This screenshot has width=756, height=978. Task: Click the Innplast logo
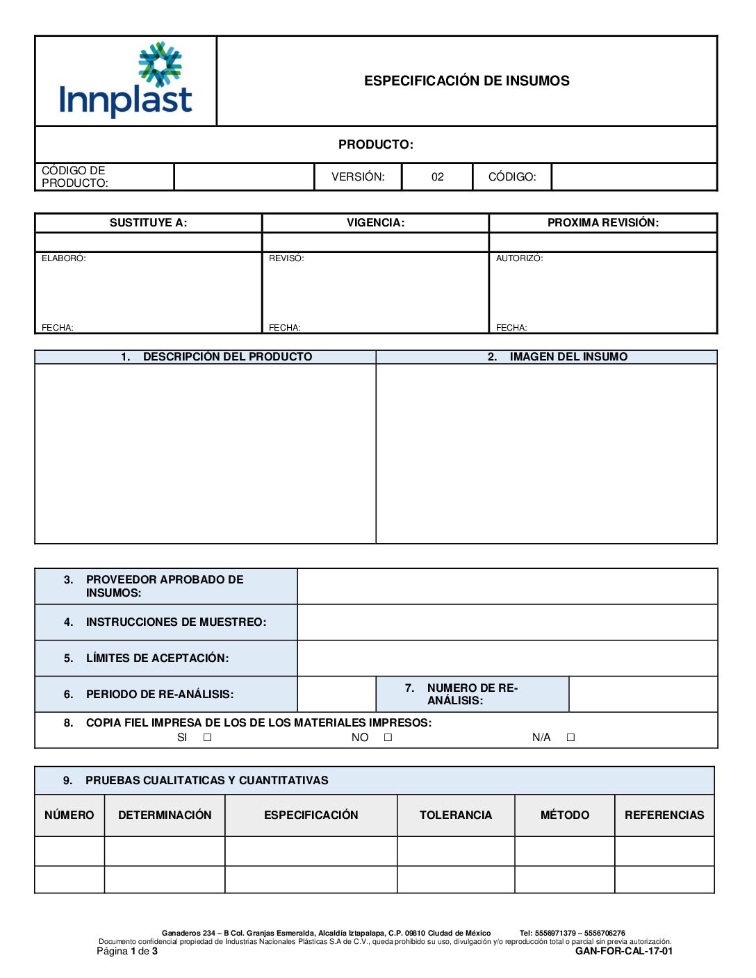(x=126, y=81)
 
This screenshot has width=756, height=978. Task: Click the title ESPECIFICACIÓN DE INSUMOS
(x=466, y=81)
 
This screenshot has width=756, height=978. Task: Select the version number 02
(x=437, y=177)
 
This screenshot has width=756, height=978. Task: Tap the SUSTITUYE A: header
(x=148, y=223)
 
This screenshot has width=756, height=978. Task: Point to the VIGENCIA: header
(x=375, y=223)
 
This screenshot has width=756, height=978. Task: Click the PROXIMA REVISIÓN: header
(x=602, y=223)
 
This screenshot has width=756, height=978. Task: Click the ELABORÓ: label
(x=64, y=258)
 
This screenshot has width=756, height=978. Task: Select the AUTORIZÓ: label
(x=519, y=258)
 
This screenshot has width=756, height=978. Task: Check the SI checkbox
(x=207, y=738)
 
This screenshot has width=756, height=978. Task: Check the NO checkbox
(x=388, y=738)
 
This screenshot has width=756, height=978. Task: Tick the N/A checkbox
(x=570, y=738)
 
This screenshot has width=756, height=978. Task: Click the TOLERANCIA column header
(x=455, y=815)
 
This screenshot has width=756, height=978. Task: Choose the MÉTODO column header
(x=564, y=815)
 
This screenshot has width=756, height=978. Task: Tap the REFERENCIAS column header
(x=664, y=815)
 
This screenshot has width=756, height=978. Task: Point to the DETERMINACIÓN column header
(x=165, y=815)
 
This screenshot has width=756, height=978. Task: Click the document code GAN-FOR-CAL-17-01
(x=623, y=952)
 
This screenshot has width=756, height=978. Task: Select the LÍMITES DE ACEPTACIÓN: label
(x=157, y=658)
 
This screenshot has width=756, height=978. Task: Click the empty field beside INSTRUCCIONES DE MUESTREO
(x=507, y=622)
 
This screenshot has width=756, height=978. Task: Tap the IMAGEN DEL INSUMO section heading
(x=568, y=357)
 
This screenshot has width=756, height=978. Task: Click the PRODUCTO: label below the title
(x=375, y=144)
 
